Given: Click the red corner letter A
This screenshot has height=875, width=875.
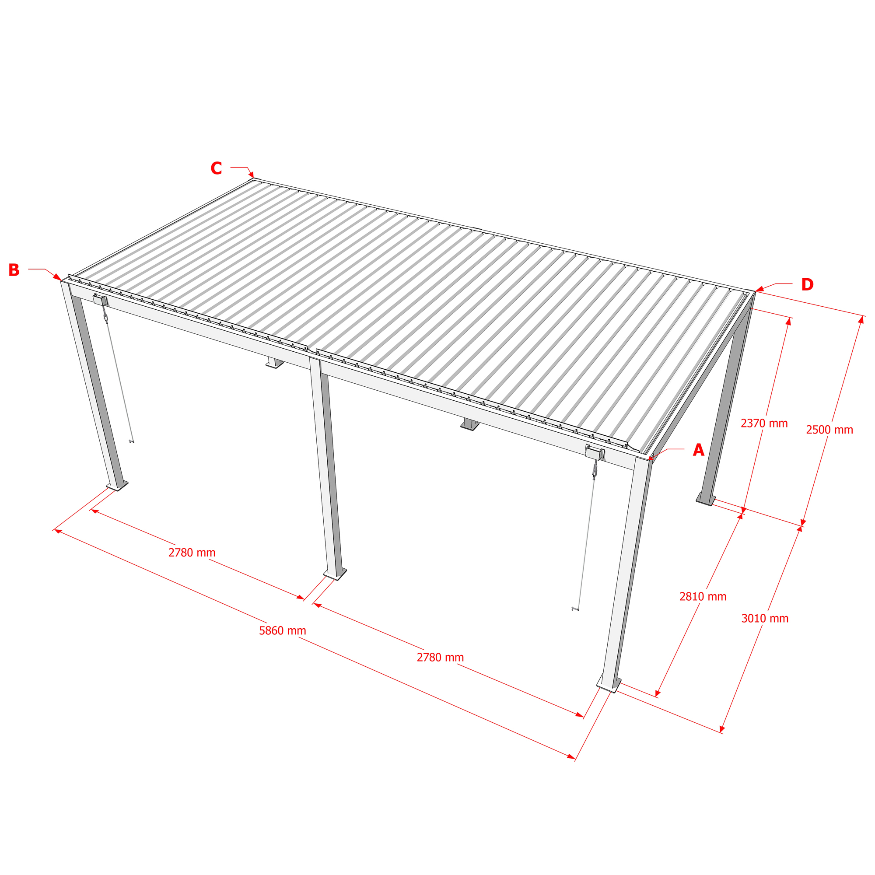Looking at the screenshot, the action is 698,450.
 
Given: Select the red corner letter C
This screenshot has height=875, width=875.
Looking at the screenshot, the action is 216,168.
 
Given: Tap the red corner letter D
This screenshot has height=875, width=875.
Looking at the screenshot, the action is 807,284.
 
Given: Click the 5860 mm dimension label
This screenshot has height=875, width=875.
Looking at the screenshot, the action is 283,631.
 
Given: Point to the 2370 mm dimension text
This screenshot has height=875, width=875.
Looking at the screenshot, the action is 764,423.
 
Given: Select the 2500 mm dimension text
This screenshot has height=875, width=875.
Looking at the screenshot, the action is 829,430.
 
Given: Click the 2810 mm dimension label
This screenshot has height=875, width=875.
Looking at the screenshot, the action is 703,596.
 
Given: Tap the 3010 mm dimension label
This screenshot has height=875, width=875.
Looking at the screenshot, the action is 765,619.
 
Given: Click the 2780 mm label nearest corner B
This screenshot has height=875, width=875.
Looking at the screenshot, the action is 192,553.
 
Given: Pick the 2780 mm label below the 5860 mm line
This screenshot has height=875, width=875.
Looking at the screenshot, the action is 440,658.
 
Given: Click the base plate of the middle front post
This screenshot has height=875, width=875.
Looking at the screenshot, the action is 335,574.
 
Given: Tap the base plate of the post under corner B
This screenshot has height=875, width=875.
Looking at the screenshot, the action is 117,486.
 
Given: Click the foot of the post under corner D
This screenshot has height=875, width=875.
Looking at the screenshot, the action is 706,500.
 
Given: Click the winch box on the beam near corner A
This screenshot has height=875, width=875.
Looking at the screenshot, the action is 595,452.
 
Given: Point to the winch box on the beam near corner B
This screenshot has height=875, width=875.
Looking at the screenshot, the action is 101,300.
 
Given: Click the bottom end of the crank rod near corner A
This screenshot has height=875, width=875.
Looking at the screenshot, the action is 576,609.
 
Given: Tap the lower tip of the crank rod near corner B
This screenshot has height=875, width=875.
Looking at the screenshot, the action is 131,441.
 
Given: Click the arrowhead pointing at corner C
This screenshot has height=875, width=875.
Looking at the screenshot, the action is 252,175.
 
